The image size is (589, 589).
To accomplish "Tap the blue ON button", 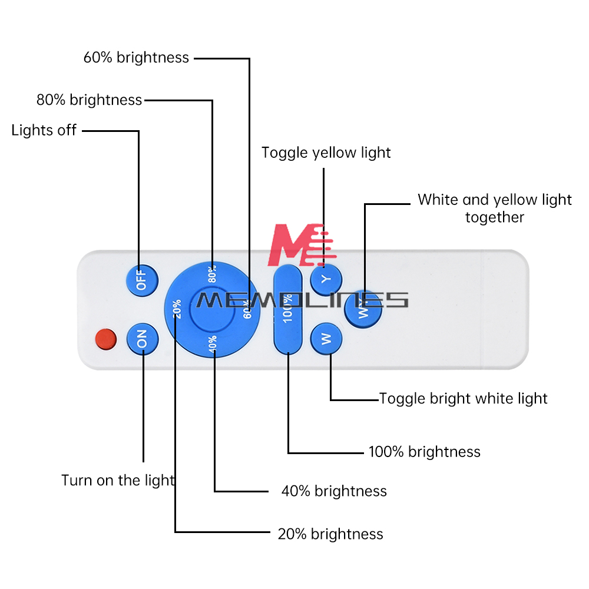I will tap(143, 339).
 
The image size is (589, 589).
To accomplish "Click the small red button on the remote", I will tap(106, 339).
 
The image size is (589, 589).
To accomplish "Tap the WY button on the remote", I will tap(363, 309).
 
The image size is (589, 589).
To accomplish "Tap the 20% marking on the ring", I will tap(177, 309).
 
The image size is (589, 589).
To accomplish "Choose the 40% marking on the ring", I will tap(213, 343).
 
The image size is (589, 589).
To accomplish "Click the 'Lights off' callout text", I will tap(44, 130).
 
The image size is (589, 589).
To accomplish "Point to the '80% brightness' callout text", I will tap(90, 100).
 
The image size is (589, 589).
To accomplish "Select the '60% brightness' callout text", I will tap(137, 58).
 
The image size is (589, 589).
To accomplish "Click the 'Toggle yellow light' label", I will tap(326, 153).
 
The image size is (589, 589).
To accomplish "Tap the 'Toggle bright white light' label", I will tap(464, 399).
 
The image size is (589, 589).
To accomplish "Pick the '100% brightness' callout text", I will tap(425, 452).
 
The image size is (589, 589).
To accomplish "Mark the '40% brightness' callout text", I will tap(334, 491).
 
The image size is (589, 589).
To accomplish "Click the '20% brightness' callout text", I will tap(330, 534).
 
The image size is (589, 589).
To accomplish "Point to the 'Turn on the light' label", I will tap(118, 481).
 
